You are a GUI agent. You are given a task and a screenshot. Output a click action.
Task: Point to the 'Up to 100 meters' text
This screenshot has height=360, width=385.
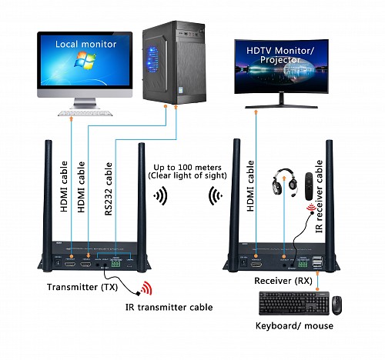(x=186, y=167)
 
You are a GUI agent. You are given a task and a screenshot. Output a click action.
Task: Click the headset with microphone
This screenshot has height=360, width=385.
(x=283, y=184)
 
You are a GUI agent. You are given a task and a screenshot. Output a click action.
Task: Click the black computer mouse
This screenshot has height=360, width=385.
(x=337, y=305)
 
